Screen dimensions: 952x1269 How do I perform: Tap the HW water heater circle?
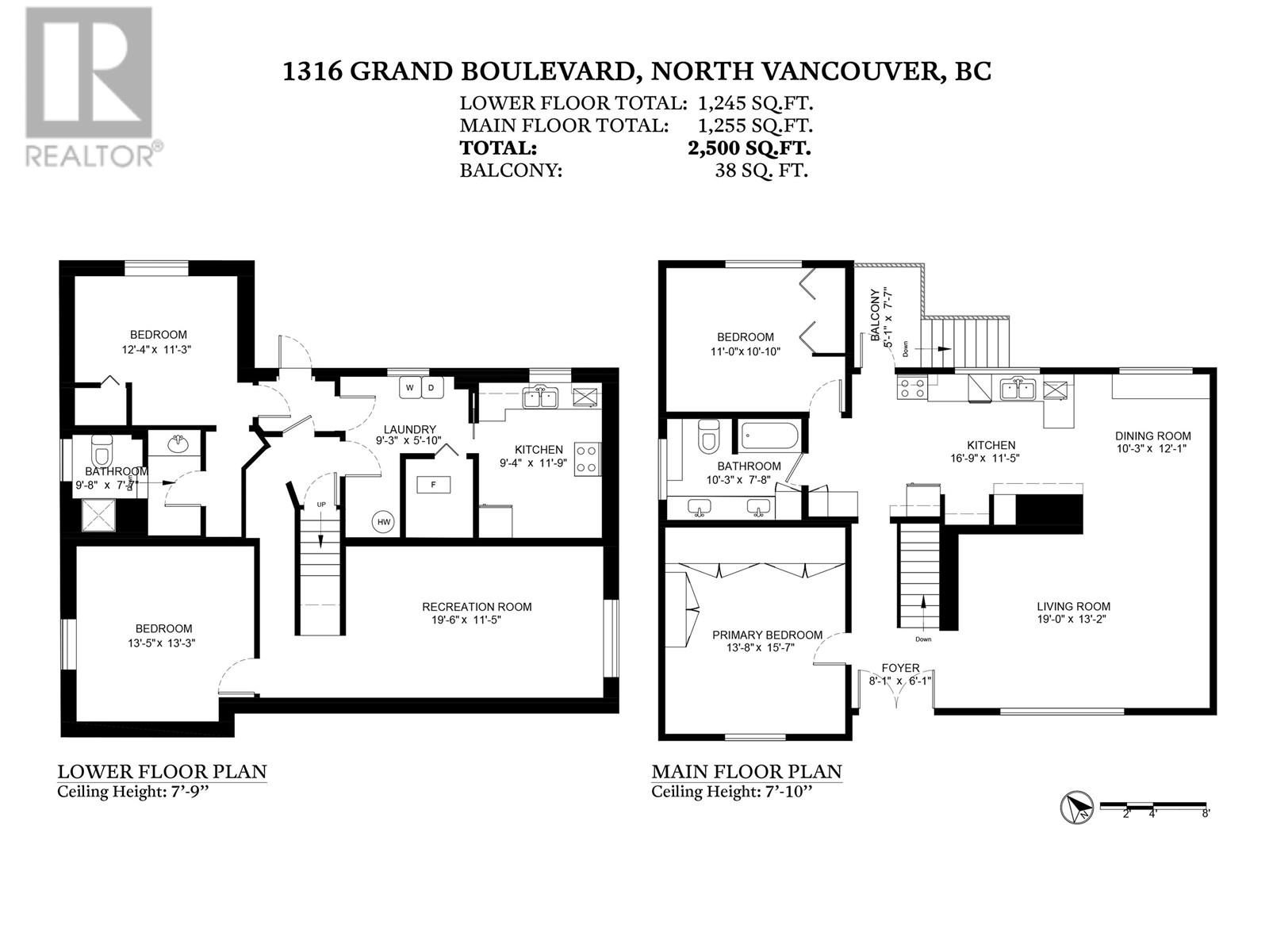[x=384, y=521]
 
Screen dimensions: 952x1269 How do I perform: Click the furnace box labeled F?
[x=433, y=484]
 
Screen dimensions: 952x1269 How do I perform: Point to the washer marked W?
[x=410, y=387]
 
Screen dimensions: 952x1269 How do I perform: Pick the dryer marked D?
[x=432, y=387]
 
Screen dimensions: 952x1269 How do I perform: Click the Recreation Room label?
[x=477, y=607]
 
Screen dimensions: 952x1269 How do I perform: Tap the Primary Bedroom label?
[x=767, y=635]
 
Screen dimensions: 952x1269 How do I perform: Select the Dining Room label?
[x=1152, y=436]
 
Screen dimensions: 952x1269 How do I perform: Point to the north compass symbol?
[x=1075, y=808]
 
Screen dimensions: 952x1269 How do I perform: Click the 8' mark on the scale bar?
[x=1206, y=813]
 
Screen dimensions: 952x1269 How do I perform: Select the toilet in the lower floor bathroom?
[x=102, y=452]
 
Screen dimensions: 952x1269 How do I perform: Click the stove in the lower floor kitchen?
[x=588, y=459]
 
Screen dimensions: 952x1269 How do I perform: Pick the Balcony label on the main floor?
[x=875, y=316]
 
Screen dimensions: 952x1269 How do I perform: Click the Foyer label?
[x=900, y=668]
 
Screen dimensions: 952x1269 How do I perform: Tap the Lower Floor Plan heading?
[x=162, y=771]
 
